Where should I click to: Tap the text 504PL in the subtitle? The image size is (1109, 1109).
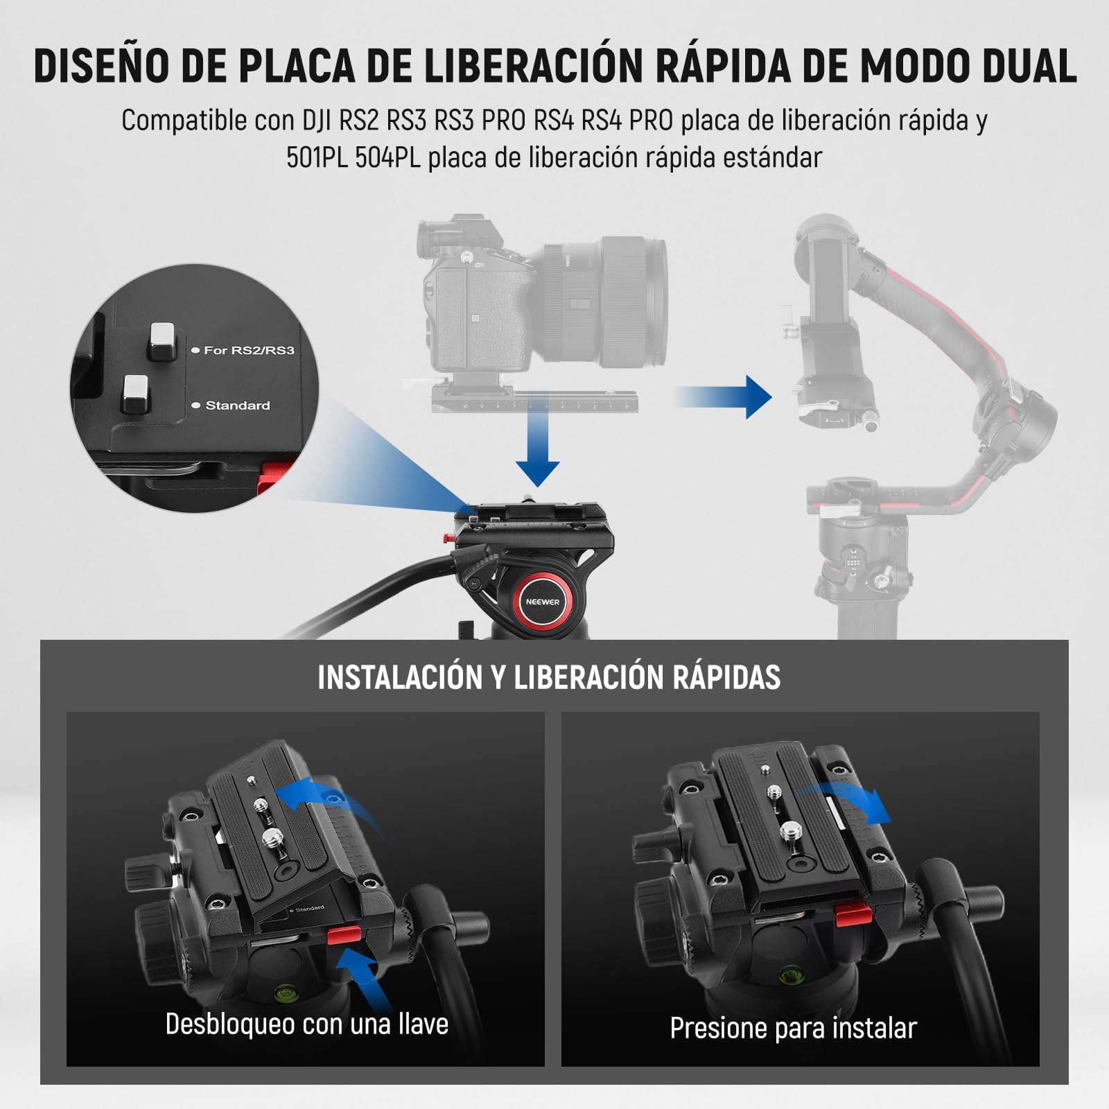click(387, 158)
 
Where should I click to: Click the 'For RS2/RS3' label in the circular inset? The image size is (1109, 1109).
click(249, 351)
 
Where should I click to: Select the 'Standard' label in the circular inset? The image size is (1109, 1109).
click(238, 405)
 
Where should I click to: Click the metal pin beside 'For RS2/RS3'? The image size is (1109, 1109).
click(164, 341)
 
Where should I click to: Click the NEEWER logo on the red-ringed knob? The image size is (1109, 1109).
click(542, 602)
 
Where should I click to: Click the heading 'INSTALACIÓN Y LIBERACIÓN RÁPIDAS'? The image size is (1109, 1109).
click(549, 677)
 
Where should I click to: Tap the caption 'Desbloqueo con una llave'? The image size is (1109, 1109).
click(306, 1024)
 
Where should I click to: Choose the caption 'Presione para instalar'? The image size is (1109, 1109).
click(793, 1028)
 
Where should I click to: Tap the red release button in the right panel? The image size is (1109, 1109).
click(853, 915)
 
